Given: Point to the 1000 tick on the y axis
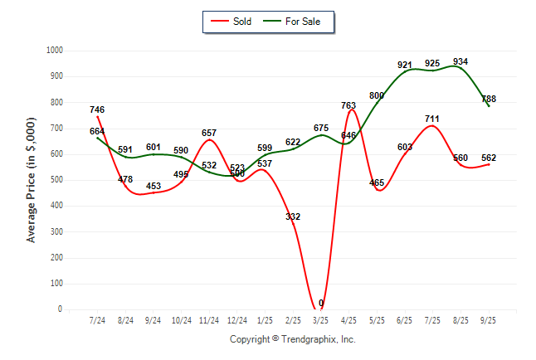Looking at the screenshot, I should (x=52, y=51).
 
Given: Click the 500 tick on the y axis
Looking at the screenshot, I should (x=55, y=180).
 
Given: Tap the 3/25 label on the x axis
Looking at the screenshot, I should (x=321, y=319).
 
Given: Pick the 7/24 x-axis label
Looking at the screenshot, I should (x=97, y=319).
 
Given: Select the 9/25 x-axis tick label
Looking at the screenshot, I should (x=489, y=319).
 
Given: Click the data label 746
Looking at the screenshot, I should (x=97, y=109).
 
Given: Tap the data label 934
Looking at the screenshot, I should (x=460, y=61).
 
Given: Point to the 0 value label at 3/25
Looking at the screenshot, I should (x=321, y=303).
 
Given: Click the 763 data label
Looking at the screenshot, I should (x=349, y=105).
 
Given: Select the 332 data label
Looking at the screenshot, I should (x=293, y=216).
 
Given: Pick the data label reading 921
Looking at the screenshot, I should (x=405, y=65).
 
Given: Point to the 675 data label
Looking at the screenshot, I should (x=321, y=128).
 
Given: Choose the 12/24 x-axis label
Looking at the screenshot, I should (x=237, y=319).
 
